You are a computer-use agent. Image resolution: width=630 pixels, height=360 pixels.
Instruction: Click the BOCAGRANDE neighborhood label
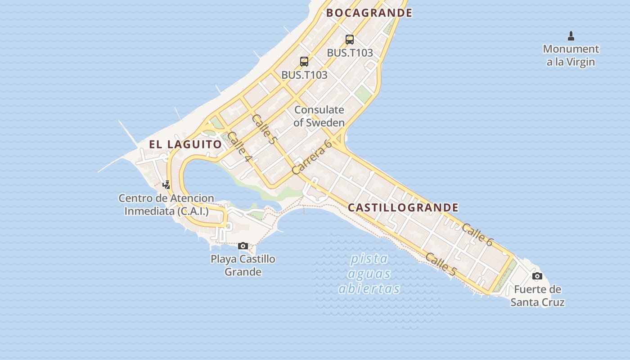[369, 13]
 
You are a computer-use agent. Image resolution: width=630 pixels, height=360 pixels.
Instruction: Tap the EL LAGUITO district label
[185, 144]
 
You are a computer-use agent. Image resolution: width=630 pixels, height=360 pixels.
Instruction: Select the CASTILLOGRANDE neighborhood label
[403, 207]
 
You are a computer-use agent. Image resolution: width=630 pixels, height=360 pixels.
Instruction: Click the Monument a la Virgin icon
[571, 36]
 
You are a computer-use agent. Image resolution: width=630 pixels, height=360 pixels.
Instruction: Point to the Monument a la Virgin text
[571, 55]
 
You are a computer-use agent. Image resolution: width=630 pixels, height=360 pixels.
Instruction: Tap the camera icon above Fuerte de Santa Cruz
[537, 276]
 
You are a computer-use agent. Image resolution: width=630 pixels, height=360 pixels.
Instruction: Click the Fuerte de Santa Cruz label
[537, 296]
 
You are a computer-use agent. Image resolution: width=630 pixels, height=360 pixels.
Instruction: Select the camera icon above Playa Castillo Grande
[243, 246]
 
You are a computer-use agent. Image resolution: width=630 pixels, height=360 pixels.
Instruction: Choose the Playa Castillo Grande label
[243, 265]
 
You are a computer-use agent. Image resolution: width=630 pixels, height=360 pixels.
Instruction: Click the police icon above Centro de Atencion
[166, 184]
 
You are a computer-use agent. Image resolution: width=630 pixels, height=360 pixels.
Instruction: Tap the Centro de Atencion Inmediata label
[166, 204]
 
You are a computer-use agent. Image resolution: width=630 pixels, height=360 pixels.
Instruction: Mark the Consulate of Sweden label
[319, 116]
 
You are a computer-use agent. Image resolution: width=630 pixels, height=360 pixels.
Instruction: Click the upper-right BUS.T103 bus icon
[350, 39]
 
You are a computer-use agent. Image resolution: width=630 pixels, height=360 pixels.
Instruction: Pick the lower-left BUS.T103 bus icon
[304, 62]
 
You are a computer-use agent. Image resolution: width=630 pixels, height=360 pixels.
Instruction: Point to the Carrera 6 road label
[311, 157]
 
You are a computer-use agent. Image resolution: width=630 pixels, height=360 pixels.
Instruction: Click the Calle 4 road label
[239, 147]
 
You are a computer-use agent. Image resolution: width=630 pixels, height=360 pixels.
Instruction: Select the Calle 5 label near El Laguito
[264, 129]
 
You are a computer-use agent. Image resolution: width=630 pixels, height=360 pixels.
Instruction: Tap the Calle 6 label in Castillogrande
[477, 234]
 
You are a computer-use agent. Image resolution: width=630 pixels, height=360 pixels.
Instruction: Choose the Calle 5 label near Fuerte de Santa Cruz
[441, 265]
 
